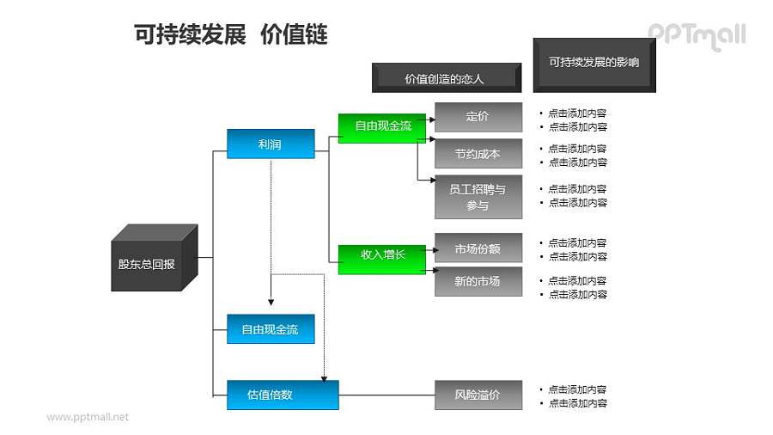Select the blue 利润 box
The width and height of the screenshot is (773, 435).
pos(270,144)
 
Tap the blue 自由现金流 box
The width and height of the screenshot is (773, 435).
pos(270,329)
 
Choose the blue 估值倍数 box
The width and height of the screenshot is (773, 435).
pos(282,395)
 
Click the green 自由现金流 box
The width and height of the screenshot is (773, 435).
pos(382,126)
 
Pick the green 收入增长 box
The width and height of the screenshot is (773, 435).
pos(382,254)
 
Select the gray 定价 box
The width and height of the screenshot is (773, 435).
pos(478,116)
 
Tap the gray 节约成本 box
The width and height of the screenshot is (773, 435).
pos(478,154)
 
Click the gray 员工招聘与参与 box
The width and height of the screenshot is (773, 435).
pos(478,197)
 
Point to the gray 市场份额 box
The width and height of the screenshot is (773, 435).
pos(478,248)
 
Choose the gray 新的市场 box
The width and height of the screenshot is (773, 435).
pos(478,281)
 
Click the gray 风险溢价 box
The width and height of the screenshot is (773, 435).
pos(478,395)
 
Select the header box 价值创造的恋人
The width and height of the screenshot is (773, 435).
pos(445,78)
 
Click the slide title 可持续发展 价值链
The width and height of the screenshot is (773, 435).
pos(231,34)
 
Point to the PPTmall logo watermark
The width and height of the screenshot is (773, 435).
pos(696,35)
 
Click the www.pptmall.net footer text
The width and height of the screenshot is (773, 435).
pos(88,417)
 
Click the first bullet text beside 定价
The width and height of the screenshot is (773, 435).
pos(577,113)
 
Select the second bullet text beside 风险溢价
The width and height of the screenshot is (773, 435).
pos(577,402)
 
